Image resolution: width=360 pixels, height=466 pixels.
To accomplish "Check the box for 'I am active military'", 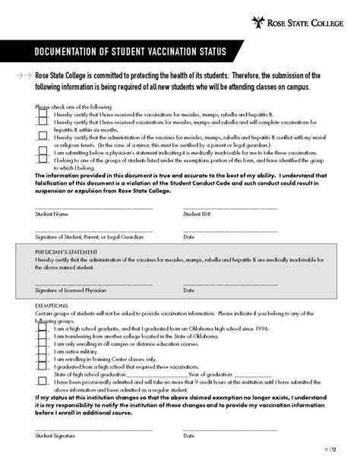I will pos(43,352).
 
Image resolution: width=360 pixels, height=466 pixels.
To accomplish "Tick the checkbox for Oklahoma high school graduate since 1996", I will pos(43,329).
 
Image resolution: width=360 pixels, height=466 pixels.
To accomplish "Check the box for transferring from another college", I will pos(43,337).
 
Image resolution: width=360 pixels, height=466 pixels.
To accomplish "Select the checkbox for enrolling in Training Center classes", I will pos(43,360).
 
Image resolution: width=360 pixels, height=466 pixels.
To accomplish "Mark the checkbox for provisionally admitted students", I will pos(43,381).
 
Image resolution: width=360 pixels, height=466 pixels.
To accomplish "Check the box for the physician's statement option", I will pos(43,151).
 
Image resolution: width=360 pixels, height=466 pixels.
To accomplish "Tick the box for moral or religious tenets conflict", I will pos(43,135).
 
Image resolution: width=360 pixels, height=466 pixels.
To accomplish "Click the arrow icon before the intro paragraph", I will pos(23,77).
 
